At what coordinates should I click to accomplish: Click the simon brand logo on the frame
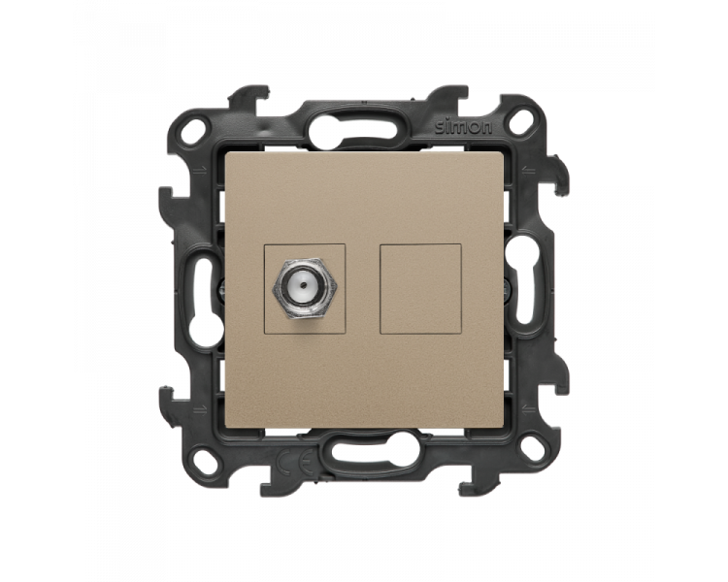[x=463, y=127]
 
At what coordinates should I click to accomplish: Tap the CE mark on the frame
[x=294, y=464]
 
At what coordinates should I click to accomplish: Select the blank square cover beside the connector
[x=420, y=289]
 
